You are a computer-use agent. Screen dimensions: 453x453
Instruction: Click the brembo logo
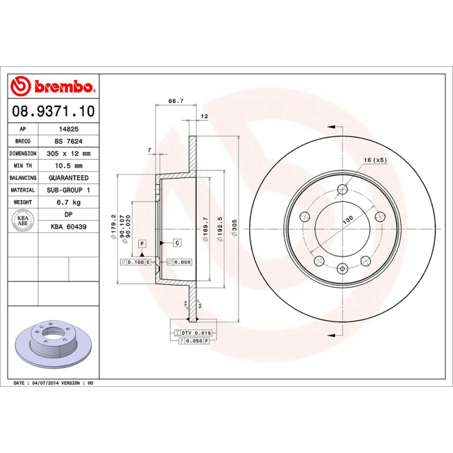pos(53,87)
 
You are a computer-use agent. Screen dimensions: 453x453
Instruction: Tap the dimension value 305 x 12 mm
pos(69,153)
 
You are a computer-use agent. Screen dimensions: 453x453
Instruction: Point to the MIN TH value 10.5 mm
pos(69,165)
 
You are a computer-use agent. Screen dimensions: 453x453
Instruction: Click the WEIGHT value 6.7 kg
pos(69,202)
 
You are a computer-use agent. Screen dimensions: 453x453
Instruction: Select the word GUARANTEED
pos(69,178)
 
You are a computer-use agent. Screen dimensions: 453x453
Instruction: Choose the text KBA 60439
pos(69,226)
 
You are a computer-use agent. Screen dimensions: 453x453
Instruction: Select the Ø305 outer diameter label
pos(234,229)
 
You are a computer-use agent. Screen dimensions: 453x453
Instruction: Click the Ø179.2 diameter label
pos(114,226)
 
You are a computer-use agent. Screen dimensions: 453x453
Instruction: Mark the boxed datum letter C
pos(177,243)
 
